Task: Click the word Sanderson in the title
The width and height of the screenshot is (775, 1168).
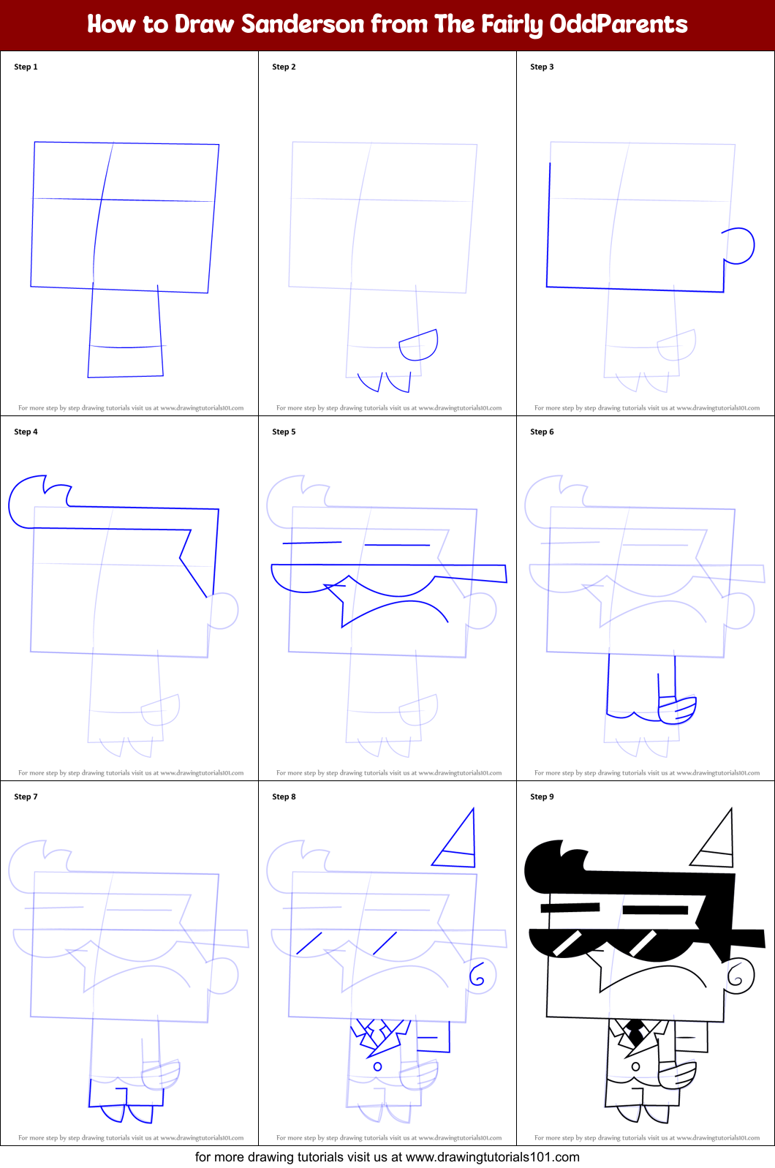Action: tap(303, 24)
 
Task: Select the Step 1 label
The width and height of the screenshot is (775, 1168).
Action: tap(26, 67)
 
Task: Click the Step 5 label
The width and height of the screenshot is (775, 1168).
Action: tap(284, 432)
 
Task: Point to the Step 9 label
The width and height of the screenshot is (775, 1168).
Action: tap(542, 796)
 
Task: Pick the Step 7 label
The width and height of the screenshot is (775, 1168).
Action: tap(26, 796)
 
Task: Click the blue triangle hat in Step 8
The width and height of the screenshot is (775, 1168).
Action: tap(458, 842)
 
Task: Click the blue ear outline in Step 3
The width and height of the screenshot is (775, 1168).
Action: tap(740, 246)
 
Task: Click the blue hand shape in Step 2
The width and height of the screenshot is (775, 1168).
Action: tap(419, 345)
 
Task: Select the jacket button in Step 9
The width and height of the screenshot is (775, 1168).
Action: tap(635, 1066)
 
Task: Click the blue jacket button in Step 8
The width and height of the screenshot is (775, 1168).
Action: tap(377, 1066)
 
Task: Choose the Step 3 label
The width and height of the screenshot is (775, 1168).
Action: tap(542, 67)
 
